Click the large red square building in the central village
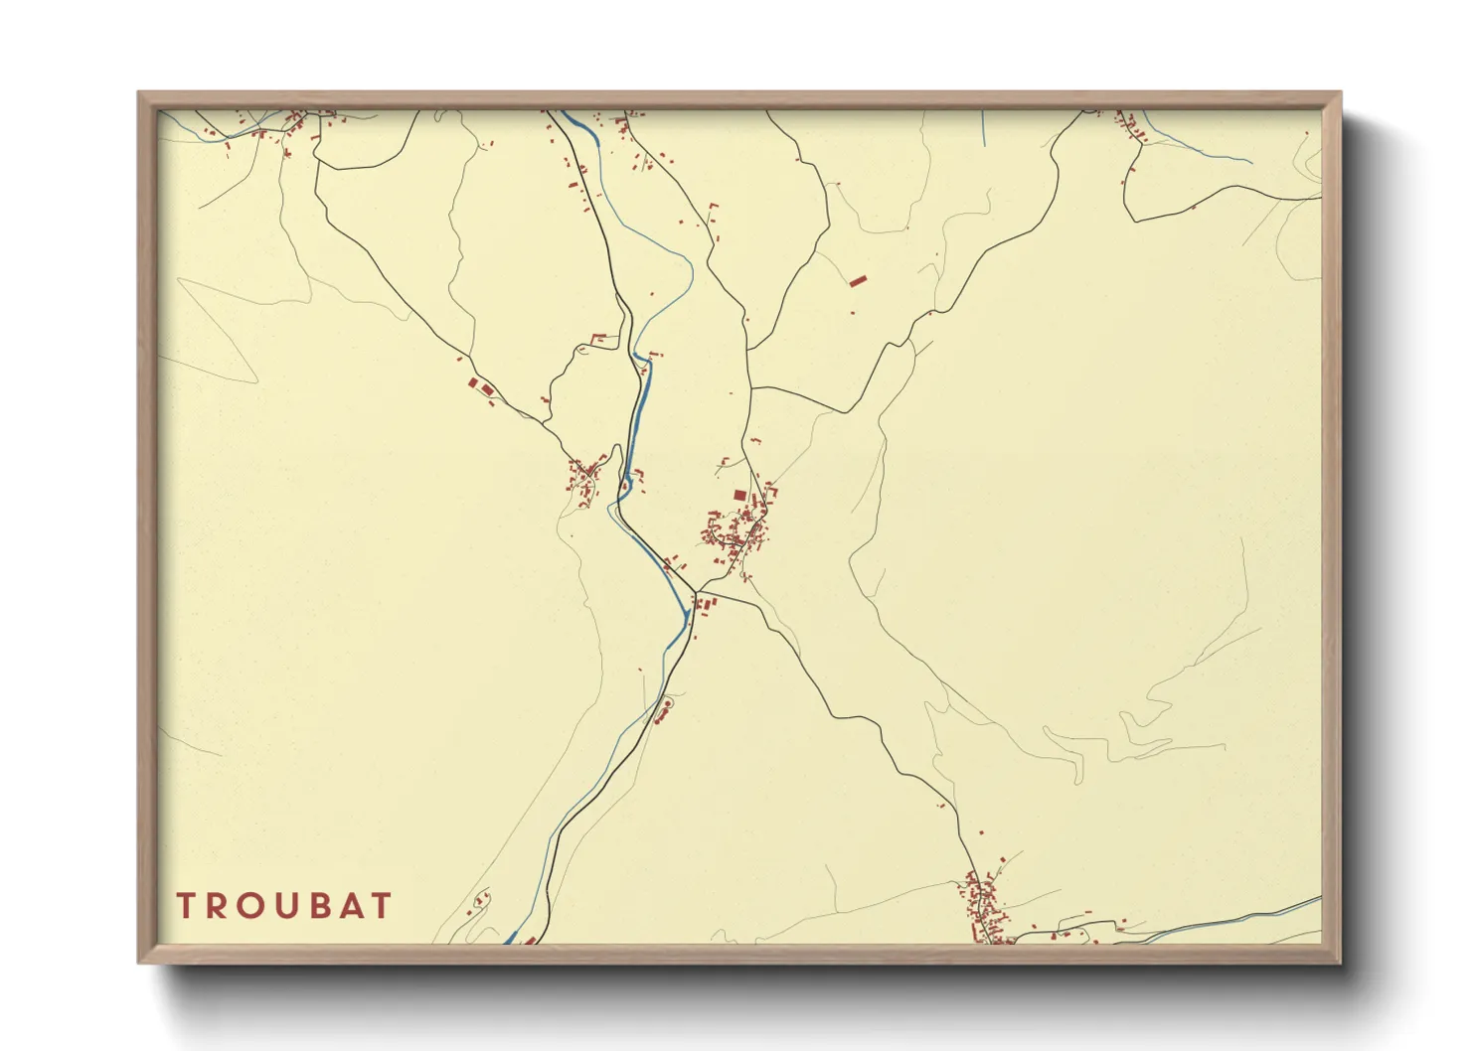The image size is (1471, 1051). (x=738, y=495)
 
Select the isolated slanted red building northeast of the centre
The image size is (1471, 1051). (x=858, y=281)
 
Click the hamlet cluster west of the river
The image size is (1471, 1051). (x=583, y=478)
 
